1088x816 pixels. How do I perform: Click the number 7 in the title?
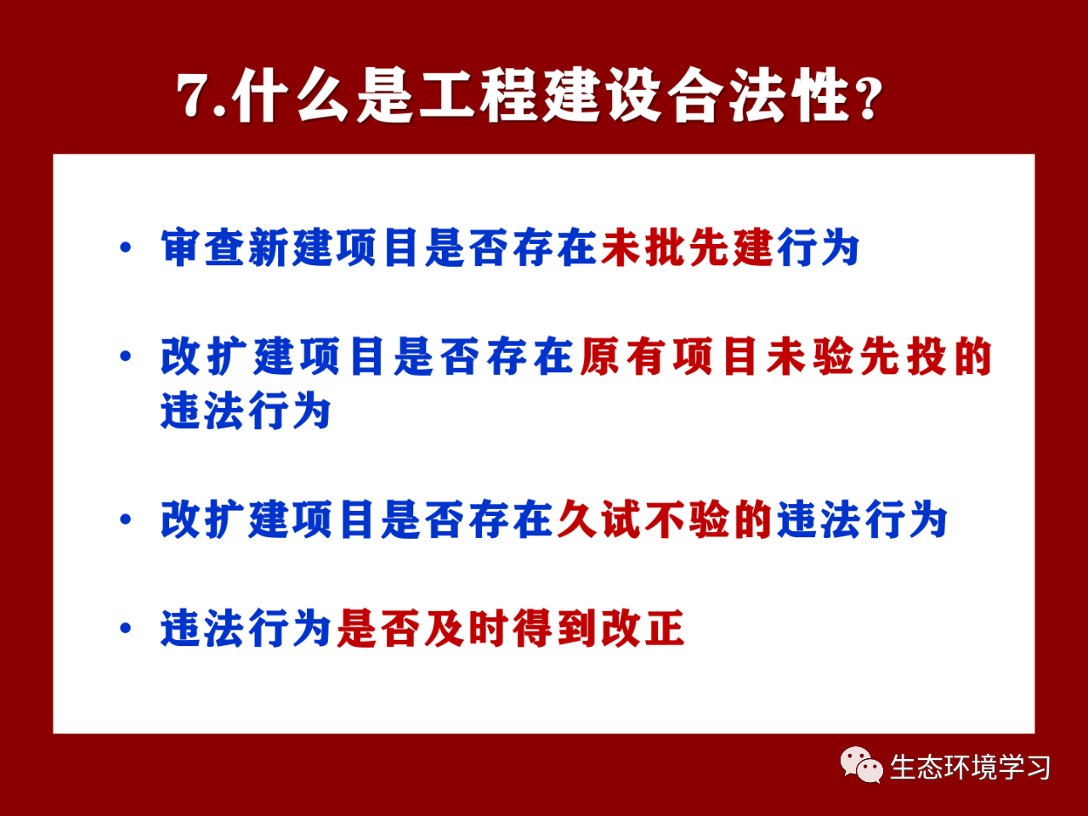(195, 95)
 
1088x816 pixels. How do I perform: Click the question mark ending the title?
(869, 97)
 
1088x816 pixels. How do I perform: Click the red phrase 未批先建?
(687, 247)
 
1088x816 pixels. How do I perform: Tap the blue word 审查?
(203, 247)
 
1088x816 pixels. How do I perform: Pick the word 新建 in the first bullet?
(290, 247)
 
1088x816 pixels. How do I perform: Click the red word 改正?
(643, 628)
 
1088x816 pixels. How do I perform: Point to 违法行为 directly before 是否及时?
(246, 628)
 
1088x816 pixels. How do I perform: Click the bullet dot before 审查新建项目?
(126, 247)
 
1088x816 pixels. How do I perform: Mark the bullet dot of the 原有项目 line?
(126, 356)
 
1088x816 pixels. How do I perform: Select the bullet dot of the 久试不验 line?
(126, 518)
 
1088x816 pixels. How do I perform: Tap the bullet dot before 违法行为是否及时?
(126, 628)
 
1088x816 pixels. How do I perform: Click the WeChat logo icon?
(862, 765)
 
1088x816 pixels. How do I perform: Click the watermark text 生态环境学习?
(970, 767)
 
